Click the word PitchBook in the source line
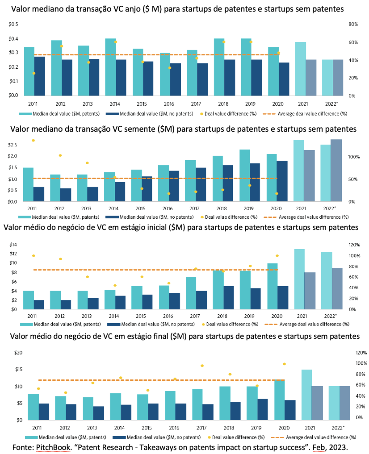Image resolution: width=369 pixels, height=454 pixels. pyautogui.click(x=53, y=447)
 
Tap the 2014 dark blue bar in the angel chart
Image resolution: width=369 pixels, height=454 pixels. pyautogui.click(x=121, y=78)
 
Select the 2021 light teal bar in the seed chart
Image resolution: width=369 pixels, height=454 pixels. pyautogui.click(x=298, y=171)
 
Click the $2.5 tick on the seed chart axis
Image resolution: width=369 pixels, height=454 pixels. pyautogui.click(x=13, y=145)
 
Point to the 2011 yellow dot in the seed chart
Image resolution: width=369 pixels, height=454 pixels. pyautogui.click(x=34, y=141)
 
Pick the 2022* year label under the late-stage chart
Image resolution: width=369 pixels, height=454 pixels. pyautogui.click(x=338, y=428)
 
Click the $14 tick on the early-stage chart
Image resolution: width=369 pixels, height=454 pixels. pyautogui.click(x=13, y=244)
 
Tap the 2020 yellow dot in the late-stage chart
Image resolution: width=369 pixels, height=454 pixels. pyautogui.click(x=285, y=364)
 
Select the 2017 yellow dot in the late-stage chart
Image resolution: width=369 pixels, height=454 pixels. pyautogui.click(x=202, y=366)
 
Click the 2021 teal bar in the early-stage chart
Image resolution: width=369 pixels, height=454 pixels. pyautogui.click(x=299, y=279)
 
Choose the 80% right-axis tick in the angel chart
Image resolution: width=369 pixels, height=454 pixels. pyautogui.click(x=353, y=24)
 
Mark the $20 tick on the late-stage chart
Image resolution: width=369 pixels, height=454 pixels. pyautogui.click(x=18, y=353)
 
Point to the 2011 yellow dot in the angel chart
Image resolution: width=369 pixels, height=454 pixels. pyautogui.click(x=34, y=73)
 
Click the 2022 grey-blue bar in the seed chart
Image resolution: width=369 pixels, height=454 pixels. pyautogui.click(x=336, y=171)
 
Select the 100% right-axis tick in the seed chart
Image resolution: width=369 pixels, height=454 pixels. pyautogui.click(x=354, y=157)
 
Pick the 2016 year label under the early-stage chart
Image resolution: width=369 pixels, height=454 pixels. pyautogui.click(x=168, y=316)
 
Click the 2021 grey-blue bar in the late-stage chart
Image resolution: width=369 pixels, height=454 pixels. pyautogui.click(x=317, y=403)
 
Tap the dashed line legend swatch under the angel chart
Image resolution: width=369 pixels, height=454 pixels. pyautogui.click(x=269, y=114)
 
